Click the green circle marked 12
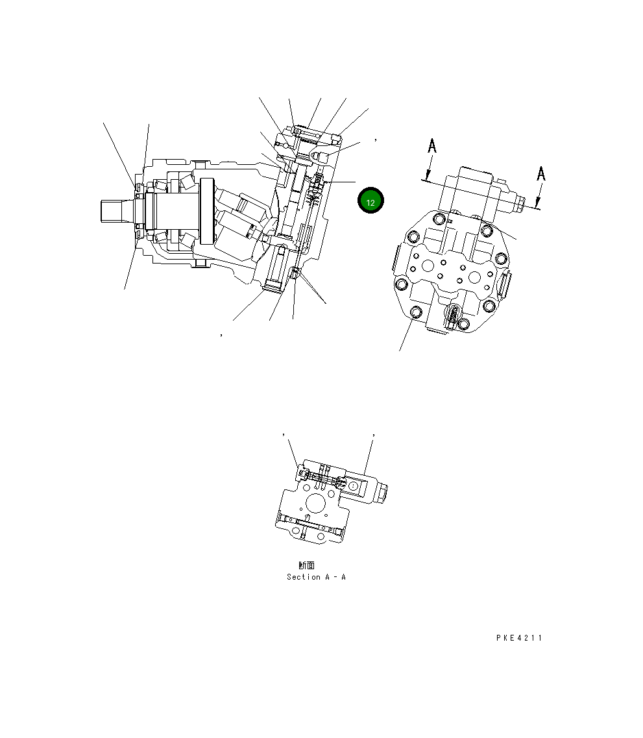coord(370,202)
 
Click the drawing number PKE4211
coord(518,638)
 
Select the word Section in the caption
coord(303,577)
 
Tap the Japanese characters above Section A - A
coord(306,565)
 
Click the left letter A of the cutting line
coord(432,147)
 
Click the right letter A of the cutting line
coord(541,173)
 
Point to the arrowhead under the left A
coord(427,175)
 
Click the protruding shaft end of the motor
coord(116,211)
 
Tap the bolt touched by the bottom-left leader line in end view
coord(416,314)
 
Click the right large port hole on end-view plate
coord(475,277)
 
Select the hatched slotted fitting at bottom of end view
coord(452,317)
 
